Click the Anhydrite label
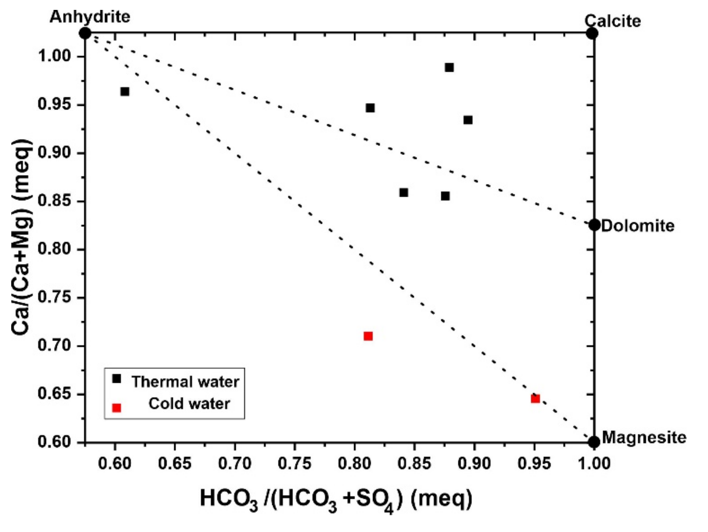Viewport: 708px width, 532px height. click(90, 17)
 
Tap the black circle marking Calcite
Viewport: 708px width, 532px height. click(592, 33)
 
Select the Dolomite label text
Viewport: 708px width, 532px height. click(638, 226)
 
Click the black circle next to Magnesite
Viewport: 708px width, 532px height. click(594, 442)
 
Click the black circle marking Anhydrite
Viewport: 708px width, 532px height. click(85, 33)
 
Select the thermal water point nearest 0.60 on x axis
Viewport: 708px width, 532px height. click(125, 91)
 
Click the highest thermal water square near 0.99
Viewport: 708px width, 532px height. click(449, 68)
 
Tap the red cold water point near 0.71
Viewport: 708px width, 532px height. click(368, 336)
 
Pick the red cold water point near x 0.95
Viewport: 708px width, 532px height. click(535, 399)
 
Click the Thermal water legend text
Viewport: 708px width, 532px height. click(185, 382)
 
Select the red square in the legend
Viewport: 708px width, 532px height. click(117, 408)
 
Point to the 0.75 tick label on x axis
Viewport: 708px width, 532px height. click(294, 464)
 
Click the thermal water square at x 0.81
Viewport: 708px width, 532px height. click(370, 108)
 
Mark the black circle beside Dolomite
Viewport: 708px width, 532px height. click(594, 225)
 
